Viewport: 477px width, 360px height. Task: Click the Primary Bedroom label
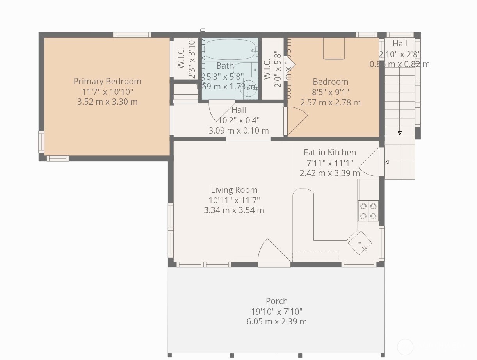coord(107,82)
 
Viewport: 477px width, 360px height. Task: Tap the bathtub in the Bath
coord(230,50)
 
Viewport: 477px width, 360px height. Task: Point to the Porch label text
coord(277,301)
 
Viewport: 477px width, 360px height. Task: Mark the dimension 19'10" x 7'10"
coord(277,312)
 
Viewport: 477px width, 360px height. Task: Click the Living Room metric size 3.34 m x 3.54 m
coord(234,210)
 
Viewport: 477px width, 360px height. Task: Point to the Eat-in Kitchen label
coord(330,153)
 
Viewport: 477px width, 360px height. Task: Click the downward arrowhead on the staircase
coord(400,133)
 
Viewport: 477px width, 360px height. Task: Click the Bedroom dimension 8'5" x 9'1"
coord(331,92)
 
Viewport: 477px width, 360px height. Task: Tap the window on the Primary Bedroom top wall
coord(132,35)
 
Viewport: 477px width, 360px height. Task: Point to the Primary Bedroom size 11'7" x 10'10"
coord(107,92)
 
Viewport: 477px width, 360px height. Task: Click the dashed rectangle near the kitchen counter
coord(316,256)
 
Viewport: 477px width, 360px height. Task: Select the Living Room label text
coord(234,190)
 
